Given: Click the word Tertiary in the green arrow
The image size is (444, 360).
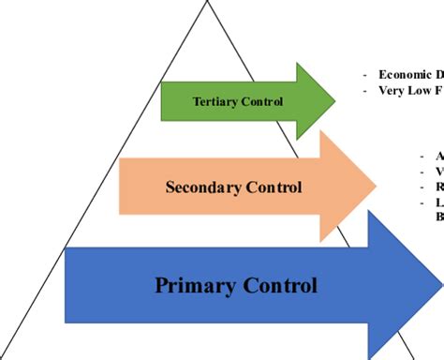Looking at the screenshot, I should [214, 100].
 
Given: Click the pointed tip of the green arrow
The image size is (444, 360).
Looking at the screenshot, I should [334, 97].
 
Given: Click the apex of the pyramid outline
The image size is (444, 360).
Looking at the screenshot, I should [207, 2].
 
